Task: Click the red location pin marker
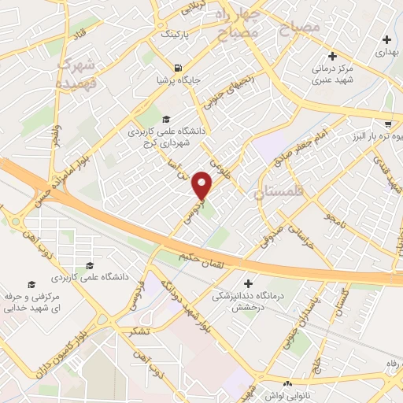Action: (203, 185)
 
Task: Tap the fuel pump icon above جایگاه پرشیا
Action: (179, 67)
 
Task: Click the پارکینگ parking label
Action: (175, 35)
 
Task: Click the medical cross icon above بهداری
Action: (386, 39)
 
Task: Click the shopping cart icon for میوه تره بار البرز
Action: (388, 124)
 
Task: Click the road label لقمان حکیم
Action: (205, 257)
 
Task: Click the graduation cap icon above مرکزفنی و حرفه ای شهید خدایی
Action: (31, 284)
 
